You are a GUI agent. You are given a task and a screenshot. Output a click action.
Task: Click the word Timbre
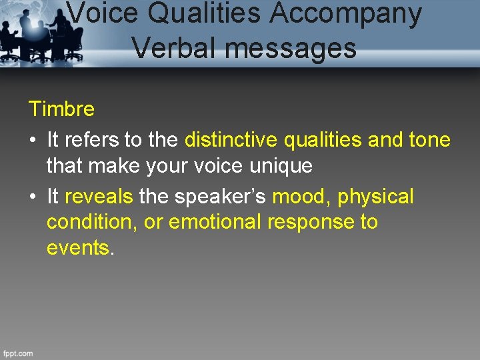tap(61, 108)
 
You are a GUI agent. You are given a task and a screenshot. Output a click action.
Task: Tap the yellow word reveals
tap(100, 197)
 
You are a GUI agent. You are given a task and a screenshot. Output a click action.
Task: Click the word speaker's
tap(221, 197)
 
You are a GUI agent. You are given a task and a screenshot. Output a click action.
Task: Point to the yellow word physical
tap(376, 197)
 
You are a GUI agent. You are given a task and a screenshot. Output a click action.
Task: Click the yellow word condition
tap(91, 222)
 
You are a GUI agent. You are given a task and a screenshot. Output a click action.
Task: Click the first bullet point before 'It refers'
tap(33, 141)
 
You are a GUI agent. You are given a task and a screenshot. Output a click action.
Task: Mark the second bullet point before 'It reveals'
tap(33, 197)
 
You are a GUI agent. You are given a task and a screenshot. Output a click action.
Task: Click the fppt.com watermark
tap(18, 353)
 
